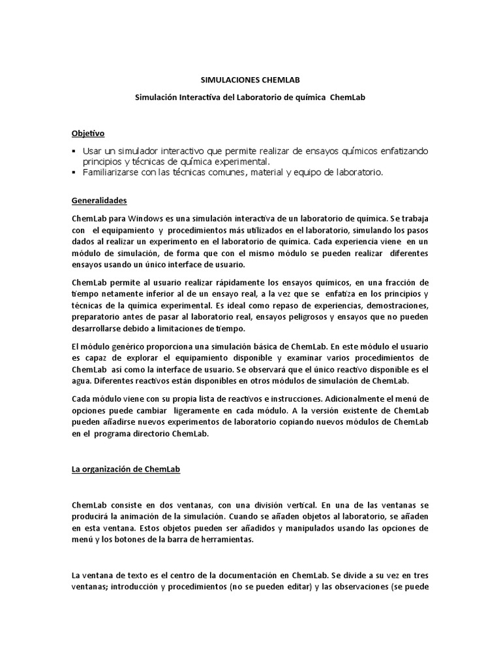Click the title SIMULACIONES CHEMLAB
[x=250, y=81]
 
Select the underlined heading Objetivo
[x=87, y=133]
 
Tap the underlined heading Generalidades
[x=99, y=201]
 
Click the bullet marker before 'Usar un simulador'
[x=74, y=152]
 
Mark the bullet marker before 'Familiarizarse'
[x=74, y=172]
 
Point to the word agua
[x=82, y=380]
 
